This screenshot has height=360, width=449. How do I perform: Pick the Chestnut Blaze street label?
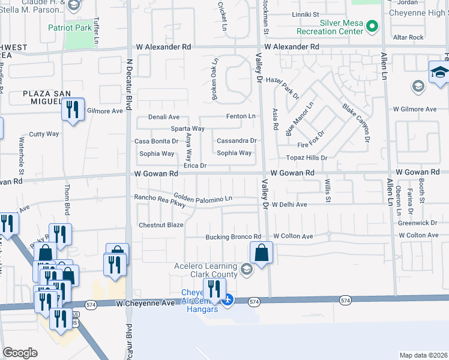[161, 225]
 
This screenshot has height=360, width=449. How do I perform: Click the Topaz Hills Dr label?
[307, 158]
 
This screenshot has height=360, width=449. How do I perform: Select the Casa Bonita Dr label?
[156, 142]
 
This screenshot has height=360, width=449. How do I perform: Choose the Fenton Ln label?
[240, 116]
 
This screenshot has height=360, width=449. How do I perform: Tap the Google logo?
[20, 353]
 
